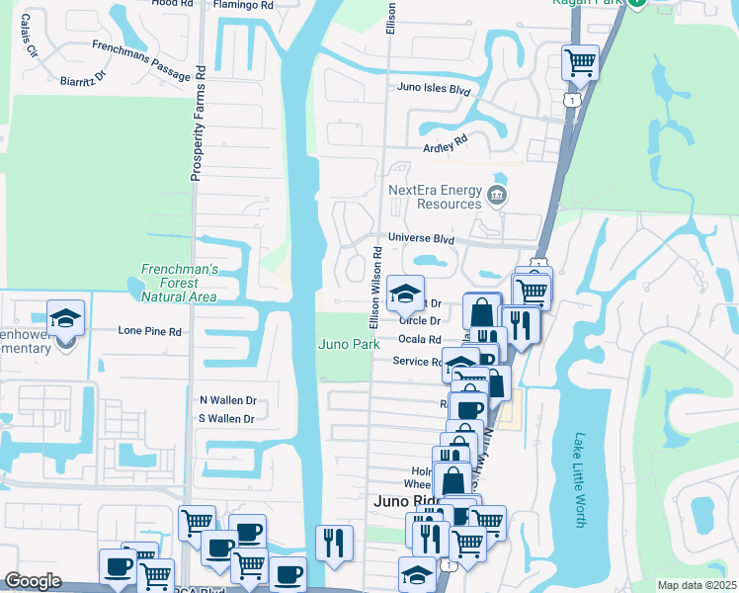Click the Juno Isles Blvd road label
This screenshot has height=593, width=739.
coord(433,88)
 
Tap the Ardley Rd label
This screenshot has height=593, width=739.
coord(444,145)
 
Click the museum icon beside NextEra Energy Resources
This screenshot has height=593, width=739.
coord(497,195)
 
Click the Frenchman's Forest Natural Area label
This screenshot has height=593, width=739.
coord(179,283)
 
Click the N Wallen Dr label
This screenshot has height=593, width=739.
coord(228,400)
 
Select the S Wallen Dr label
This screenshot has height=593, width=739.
coord(228,419)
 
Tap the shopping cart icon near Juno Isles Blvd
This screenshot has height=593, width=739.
coord(580,62)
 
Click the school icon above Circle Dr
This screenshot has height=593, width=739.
coord(404,293)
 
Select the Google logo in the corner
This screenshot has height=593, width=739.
coord(33,581)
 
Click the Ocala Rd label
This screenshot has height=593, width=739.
coord(420,339)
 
